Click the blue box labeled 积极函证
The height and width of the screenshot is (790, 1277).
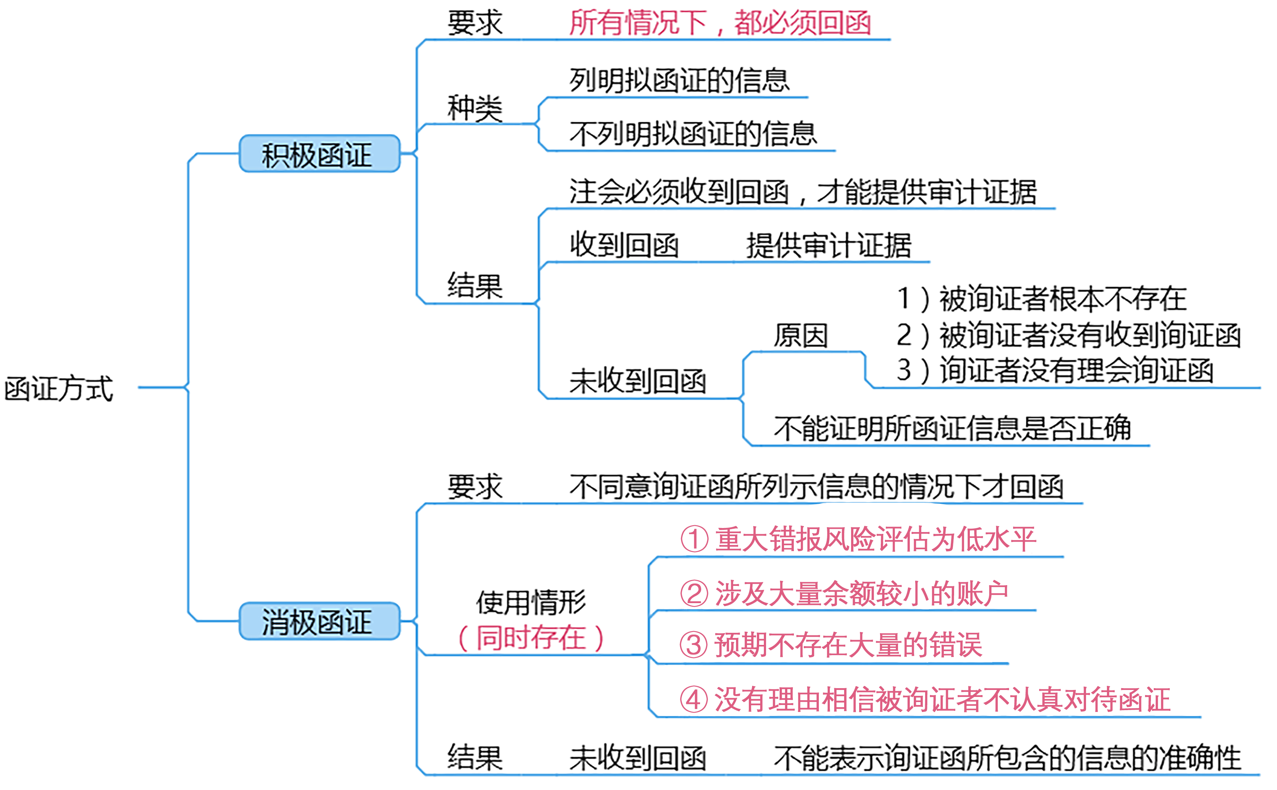click(x=319, y=154)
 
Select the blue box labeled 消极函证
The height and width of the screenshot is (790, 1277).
click(x=319, y=621)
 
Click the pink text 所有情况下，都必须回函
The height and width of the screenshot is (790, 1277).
click(x=720, y=23)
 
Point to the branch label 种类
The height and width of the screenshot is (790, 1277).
click(x=474, y=108)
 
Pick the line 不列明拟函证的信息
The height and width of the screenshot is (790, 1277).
click(x=692, y=134)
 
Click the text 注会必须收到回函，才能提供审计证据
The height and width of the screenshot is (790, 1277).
click(x=803, y=192)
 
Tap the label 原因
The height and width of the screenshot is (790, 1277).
click(x=801, y=335)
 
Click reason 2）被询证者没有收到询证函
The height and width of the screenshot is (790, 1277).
click(x=1068, y=335)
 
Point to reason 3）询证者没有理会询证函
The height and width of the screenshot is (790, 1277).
click(x=1055, y=370)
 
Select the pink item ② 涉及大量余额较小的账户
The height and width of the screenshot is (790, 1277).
click(x=843, y=593)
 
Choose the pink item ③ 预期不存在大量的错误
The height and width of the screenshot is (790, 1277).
click(x=830, y=645)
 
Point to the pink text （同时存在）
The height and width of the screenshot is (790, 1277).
click(x=531, y=638)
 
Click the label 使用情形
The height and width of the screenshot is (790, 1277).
click(x=531, y=602)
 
